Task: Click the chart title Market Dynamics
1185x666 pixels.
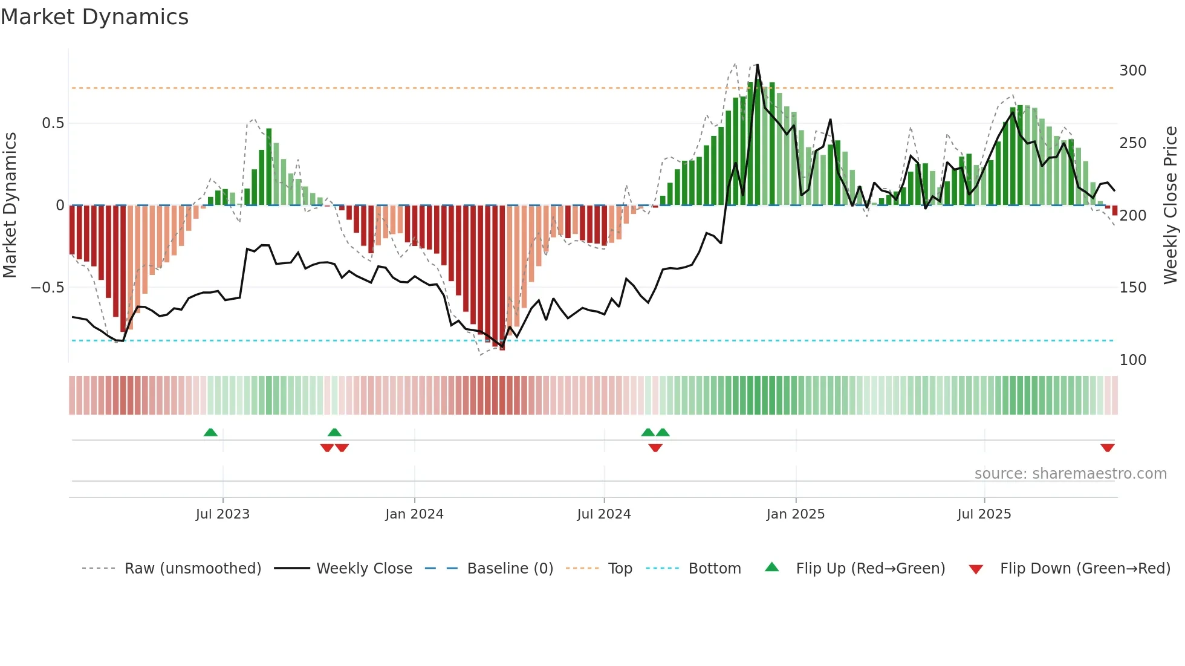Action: [95, 17]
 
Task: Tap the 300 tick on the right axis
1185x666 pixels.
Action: [1132, 71]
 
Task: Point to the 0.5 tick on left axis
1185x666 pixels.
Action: [53, 123]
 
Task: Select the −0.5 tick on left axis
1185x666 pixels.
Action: [48, 288]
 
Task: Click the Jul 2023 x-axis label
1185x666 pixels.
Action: [222, 514]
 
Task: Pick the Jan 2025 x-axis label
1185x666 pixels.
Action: [795, 514]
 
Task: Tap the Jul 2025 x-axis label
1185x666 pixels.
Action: [984, 514]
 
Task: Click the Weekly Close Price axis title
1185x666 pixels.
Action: [1170, 205]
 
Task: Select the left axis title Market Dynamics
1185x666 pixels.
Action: [10, 205]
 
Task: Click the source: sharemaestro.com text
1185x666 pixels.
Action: [1070, 474]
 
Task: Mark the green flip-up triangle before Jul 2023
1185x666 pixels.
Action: [210, 432]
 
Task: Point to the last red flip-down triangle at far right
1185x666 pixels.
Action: [1107, 448]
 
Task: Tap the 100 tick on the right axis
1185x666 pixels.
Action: [1132, 360]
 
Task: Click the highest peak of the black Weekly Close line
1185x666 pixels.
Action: [757, 65]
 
